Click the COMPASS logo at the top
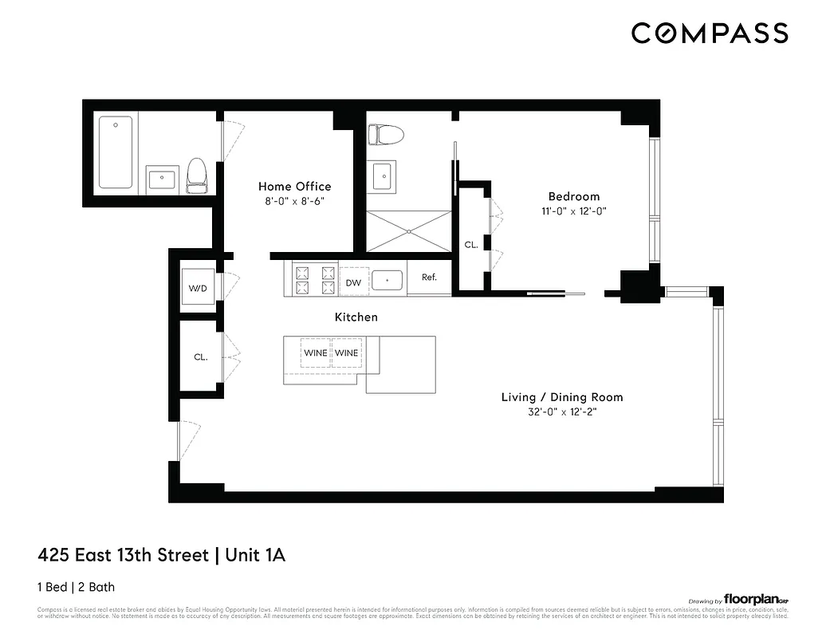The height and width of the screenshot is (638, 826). click(710, 33)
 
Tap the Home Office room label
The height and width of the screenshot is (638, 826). click(294, 187)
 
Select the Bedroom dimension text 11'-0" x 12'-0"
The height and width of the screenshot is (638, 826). click(573, 212)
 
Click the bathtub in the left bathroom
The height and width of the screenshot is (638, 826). click(116, 152)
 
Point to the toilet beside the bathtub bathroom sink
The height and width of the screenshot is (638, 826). click(197, 175)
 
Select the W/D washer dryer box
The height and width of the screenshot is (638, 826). click(197, 288)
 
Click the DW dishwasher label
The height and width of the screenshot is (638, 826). click(353, 282)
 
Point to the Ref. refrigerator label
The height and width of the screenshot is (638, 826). click(429, 278)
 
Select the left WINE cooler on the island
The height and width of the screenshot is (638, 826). click(314, 352)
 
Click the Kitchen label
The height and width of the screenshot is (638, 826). click(356, 317)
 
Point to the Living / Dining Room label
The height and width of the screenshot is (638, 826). click(561, 397)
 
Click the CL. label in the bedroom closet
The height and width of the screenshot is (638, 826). click(471, 245)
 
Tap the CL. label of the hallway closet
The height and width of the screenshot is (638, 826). click(201, 357)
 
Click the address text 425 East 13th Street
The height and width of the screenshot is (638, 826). click(123, 554)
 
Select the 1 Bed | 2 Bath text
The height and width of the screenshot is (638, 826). click(76, 587)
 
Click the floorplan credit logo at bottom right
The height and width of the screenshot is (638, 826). click(755, 599)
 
